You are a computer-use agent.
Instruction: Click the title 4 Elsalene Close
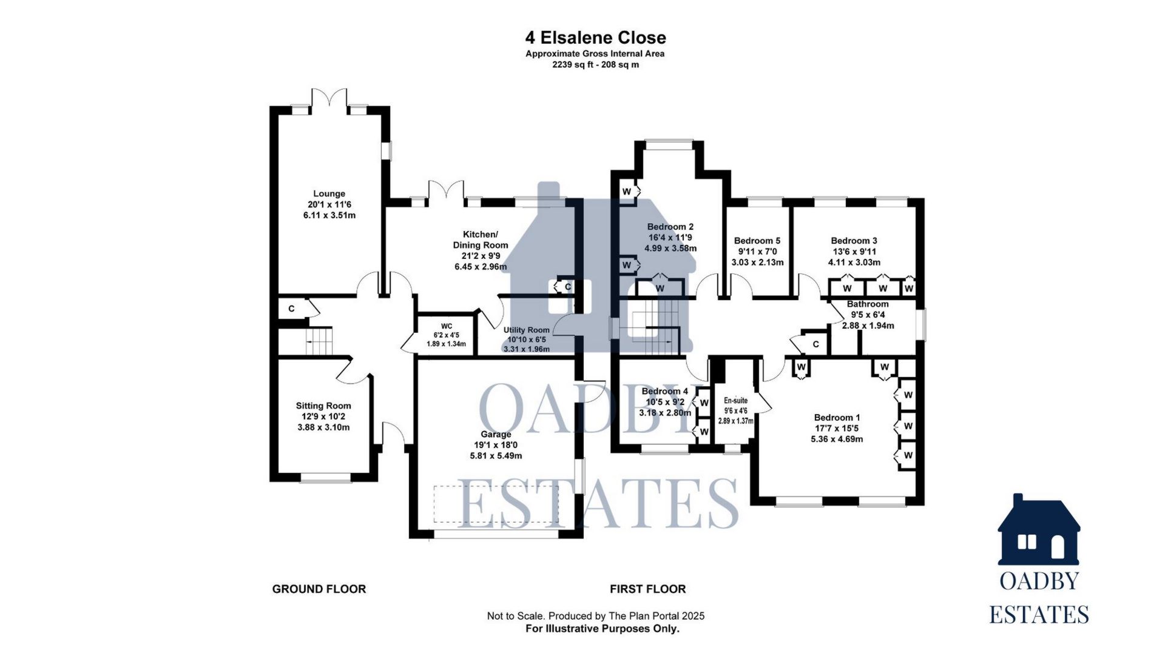point(595,38)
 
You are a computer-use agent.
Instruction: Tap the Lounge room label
point(329,194)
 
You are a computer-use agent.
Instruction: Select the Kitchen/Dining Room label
point(480,239)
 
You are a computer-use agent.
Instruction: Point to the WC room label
point(446,326)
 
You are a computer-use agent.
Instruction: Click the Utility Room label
point(526,330)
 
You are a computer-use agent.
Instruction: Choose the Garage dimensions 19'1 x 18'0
point(496,445)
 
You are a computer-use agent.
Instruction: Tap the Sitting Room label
point(323,406)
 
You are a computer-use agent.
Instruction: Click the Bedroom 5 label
point(757,241)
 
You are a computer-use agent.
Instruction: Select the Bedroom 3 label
point(854,241)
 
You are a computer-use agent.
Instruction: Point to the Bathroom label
point(868,304)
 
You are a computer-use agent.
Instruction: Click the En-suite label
point(735,401)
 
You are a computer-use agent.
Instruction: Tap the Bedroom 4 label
point(664,391)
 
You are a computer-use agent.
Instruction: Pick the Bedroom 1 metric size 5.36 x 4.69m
point(837,439)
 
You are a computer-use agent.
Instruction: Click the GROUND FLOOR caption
point(319,589)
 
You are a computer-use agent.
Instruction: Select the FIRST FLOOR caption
point(647,589)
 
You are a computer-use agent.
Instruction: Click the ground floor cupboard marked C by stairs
point(292,309)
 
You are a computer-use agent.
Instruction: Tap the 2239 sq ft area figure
point(573,65)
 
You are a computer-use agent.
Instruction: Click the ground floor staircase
point(318,341)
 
